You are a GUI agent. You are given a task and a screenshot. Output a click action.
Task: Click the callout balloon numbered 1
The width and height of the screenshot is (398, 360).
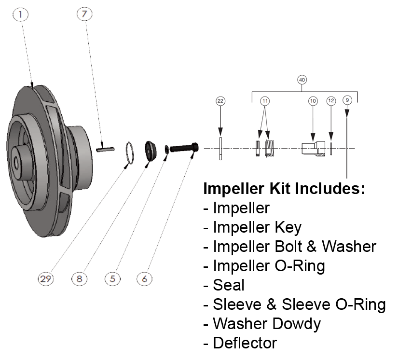20,15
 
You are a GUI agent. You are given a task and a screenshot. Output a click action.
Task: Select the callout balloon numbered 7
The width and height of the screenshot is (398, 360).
84,15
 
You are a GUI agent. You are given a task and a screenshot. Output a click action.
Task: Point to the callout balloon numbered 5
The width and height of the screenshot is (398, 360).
112,278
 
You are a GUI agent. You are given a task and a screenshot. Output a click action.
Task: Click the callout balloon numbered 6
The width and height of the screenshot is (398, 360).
145,278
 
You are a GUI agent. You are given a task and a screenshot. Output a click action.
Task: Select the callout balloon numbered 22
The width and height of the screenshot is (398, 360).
220,101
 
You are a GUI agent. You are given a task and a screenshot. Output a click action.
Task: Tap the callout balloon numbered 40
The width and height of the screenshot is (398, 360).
302,80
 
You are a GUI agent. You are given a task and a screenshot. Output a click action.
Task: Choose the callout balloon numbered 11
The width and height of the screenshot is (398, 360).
265,101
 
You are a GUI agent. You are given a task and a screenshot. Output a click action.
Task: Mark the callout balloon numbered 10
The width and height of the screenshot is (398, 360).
313,101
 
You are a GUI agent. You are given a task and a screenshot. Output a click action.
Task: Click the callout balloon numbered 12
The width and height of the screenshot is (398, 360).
330,101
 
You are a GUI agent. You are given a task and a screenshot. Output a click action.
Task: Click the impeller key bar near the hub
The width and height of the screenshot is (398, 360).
104,150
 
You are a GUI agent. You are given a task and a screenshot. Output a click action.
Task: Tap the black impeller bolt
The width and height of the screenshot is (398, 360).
184,147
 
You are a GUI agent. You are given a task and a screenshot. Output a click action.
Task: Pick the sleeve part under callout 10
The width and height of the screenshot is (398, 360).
312,148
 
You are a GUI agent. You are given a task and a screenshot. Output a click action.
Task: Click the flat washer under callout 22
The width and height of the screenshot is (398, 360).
220,148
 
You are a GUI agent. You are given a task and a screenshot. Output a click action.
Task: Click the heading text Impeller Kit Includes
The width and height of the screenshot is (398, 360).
284,188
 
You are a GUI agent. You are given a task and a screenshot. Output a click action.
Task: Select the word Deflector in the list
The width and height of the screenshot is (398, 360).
245,343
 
